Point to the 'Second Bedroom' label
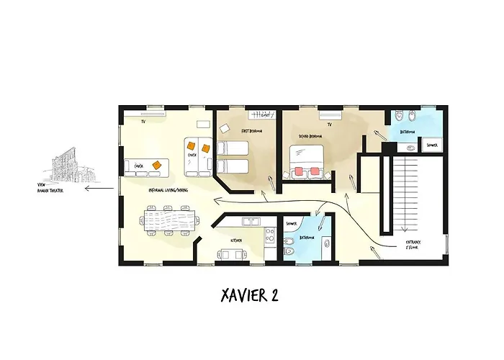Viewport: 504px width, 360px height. click(310, 135)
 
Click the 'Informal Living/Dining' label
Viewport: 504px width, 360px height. click(167, 190)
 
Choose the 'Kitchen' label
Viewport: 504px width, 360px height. click(235, 239)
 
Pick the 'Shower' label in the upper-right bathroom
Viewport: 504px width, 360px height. click(432, 145)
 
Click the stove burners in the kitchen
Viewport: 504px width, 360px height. click(270, 233)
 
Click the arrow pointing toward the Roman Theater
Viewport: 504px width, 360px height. click(98, 189)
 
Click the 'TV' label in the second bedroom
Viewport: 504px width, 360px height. click(328, 124)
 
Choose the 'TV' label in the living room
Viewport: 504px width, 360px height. click(143, 122)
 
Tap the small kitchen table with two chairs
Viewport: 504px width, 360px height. click(230, 253)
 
